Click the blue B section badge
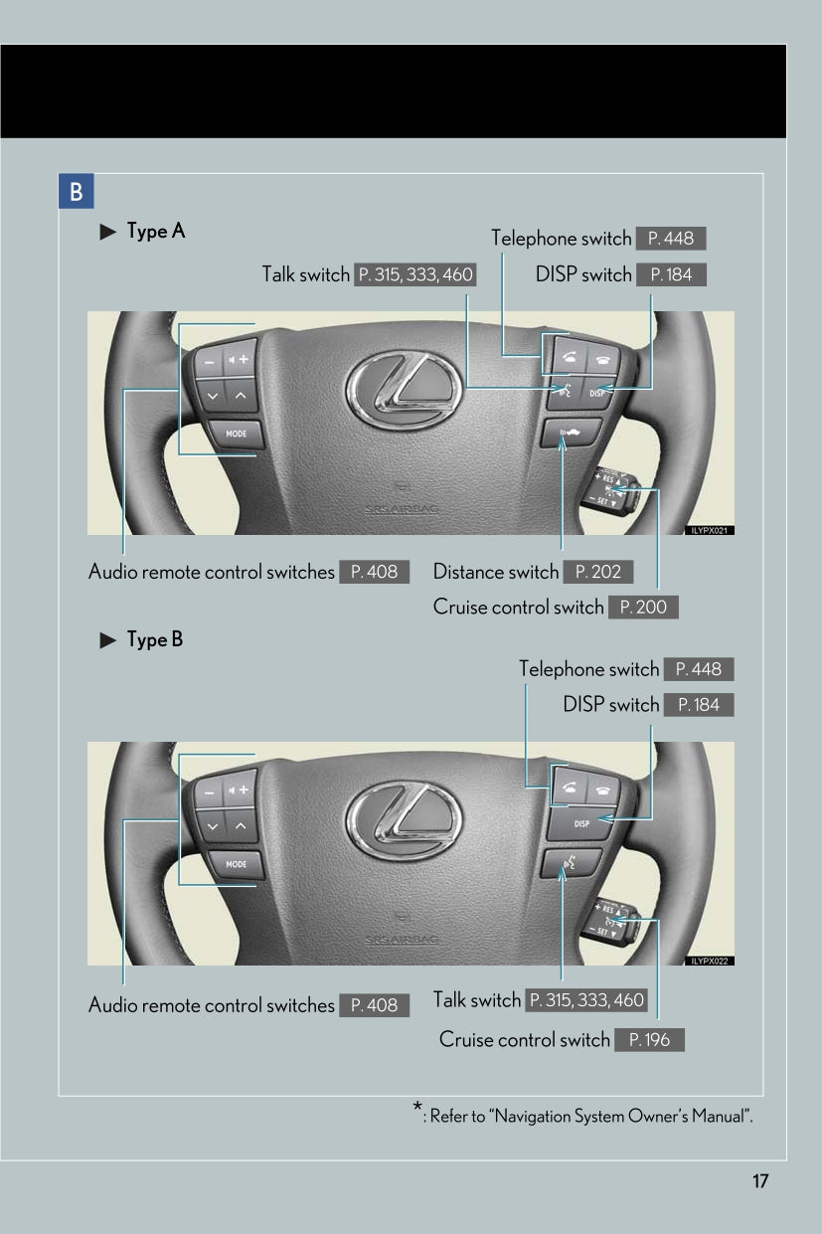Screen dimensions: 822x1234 pyautogui.click(x=76, y=191)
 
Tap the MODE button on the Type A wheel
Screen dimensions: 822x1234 pyautogui.click(x=237, y=434)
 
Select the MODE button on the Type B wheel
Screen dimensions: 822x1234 pyautogui.click(x=237, y=864)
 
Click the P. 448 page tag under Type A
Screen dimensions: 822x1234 pyautogui.click(x=671, y=239)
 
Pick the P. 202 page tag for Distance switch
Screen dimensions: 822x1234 pyautogui.click(x=598, y=572)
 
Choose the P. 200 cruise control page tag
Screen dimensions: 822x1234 pyautogui.click(x=643, y=608)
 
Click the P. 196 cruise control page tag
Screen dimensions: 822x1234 pyautogui.click(x=650, y=1039)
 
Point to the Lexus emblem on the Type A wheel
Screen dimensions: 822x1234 pyautogui.click(x=405, y=390)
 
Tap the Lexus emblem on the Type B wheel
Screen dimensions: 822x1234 pyautogui.click(x=405, y=820)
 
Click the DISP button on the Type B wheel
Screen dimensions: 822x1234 pyautogui.click(x=580, y=824)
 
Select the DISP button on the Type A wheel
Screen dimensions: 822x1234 pyautogui.click(x=596, y=393)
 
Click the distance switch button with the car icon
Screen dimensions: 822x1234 pyautogui.click(x=571, y=433)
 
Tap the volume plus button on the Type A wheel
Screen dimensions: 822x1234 pyautogui.click(x=240, y=359)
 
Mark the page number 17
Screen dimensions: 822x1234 pyautogui.click(x=760, y=1180)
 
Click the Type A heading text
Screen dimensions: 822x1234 pyautogui.click(x=156, y=231)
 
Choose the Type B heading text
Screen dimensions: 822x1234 pyautogui.click(x=155, y=639)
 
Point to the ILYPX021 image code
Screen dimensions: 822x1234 pyautogui.click(x=710, y=531)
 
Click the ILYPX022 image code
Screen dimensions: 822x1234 pyautogui.click(x=710, y=962)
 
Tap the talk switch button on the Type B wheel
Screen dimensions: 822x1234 pyautogui.click(x=571, y=864)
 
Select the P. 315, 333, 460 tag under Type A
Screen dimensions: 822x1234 pyautogui.click(x=415, y=274)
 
